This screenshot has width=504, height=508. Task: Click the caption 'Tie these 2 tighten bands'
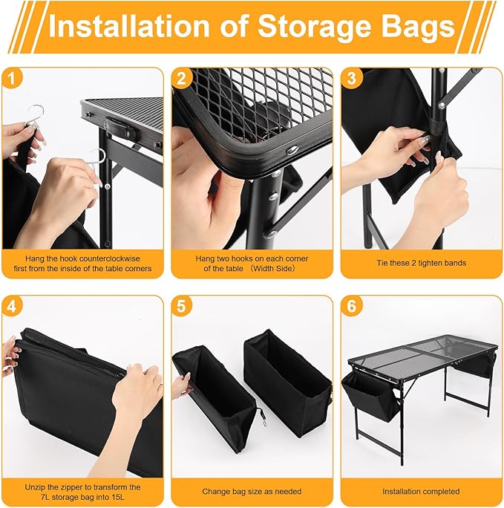tap(421, 263)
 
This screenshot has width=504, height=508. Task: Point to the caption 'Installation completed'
tap(421, 491)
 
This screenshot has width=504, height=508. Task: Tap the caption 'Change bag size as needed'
tap(252, 491)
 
